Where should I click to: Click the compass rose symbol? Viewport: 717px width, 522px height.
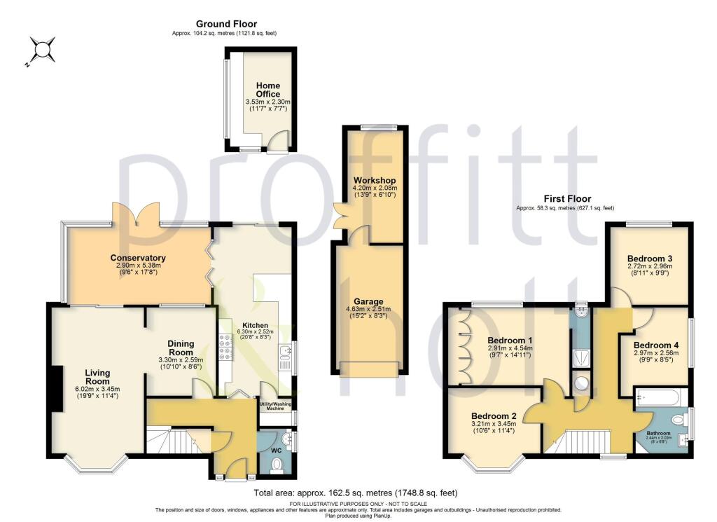pyautogui.click(x=41, y=50)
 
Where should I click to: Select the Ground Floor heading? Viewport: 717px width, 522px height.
pyautogui.click(x=226, y=24)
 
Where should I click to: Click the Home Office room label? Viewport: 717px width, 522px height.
pyautogui.click(x=267, y=90)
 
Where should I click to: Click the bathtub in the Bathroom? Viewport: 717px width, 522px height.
pyautogui.click(x=661, y=399)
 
